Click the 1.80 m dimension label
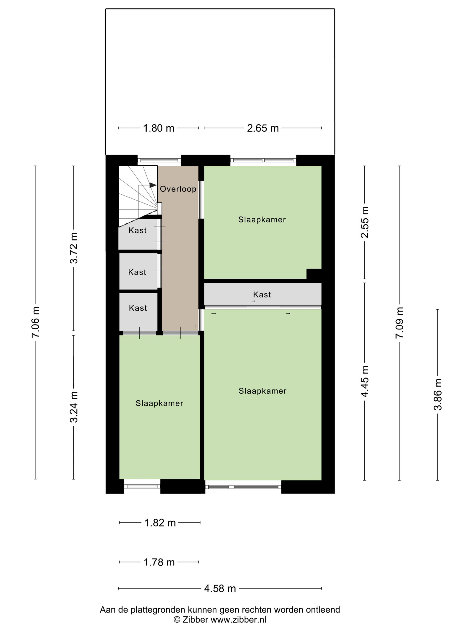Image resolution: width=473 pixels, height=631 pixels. pos(158,128)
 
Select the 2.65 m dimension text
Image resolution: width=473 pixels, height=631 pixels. pos(263,128)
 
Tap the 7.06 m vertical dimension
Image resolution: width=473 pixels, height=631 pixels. pos(35,322)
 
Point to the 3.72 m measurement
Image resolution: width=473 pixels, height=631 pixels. pos(74,248)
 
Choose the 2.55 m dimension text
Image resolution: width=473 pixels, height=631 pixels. pos(365,222)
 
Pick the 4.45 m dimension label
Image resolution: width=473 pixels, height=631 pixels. pos(365,381)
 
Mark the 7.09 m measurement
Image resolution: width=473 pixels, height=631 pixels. pos(399,323)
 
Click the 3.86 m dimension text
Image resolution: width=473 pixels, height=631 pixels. pos(438,394)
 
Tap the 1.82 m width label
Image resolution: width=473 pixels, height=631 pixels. pos(160,523)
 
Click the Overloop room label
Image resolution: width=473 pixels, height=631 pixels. pos(178,189)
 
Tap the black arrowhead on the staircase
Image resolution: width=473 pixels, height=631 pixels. pos(153,185)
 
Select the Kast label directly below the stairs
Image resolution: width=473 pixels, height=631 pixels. pos(137,230)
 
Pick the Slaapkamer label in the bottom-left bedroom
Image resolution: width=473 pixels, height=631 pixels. pos(159,403)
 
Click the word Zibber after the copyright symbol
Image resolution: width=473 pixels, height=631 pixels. pos(195,620)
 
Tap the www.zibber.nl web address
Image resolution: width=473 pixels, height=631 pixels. pos(238,620)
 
